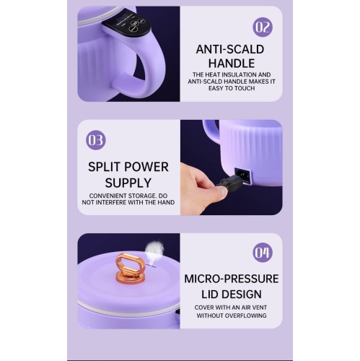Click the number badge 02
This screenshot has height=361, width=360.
[263, 27]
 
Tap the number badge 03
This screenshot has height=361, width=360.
[96, 139]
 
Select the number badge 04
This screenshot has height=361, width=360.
[263, 252]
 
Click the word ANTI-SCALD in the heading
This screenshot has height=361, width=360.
[230, 49]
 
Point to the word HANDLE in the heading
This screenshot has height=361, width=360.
[230, 64]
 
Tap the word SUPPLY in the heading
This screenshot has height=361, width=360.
[128, 182]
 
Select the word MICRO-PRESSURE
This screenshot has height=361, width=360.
[231, 279]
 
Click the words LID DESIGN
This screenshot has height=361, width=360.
[231, 294]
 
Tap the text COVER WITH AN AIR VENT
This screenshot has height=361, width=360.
[231, 306]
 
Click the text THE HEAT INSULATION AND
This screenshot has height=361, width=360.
[231, 74]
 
